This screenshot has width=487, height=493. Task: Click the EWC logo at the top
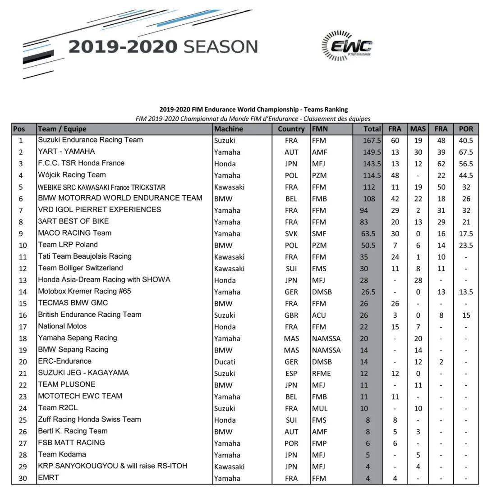coord(347,46)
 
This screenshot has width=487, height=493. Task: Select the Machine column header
coord(228,129)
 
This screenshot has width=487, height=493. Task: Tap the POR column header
coord(466,129)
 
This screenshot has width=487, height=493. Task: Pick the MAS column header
coord(418,129)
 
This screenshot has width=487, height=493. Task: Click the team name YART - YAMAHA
coord(66,151)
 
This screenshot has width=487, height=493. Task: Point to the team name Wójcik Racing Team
coord(72,175)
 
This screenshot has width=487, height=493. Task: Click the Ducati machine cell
coord(225,361)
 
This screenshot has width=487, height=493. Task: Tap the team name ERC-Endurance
coord(64,361)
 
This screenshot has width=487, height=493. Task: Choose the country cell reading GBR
coord(291,315)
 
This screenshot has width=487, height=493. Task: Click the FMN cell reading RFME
coord(321,373)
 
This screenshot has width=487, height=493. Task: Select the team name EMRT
coord(48,478)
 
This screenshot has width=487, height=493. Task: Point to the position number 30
coord(23,478)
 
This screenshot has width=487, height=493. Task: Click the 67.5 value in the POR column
coord(466,152)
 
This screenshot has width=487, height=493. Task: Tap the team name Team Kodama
coord(62,454)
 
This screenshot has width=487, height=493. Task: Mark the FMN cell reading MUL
coord(319,408)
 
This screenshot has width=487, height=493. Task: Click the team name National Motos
coord(62,326)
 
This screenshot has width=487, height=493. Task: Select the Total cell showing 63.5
coord(368,233)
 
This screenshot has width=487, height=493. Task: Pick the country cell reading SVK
coord(291,233)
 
